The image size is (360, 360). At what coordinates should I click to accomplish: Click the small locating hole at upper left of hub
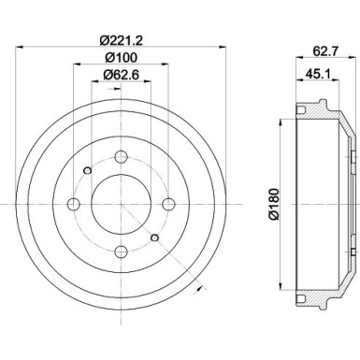pos(85,168)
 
